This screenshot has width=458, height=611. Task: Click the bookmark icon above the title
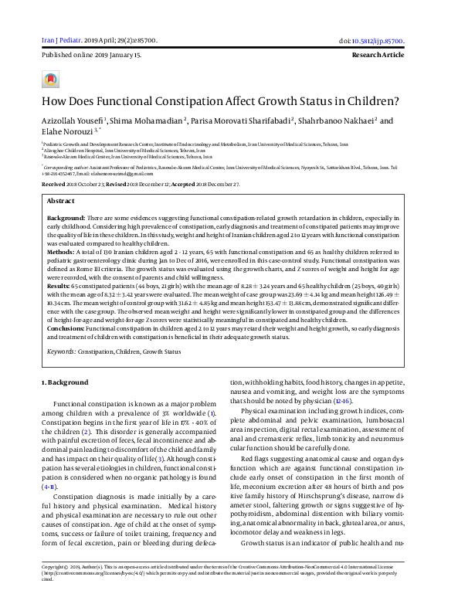tap(51, 80)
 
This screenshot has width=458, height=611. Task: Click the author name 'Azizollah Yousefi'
tap(71, 121)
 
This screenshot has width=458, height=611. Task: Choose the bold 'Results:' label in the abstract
tap(63, 285)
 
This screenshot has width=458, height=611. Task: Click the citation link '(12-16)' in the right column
tap(341, 402)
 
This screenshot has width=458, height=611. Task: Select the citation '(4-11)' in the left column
tap(50, 488)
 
